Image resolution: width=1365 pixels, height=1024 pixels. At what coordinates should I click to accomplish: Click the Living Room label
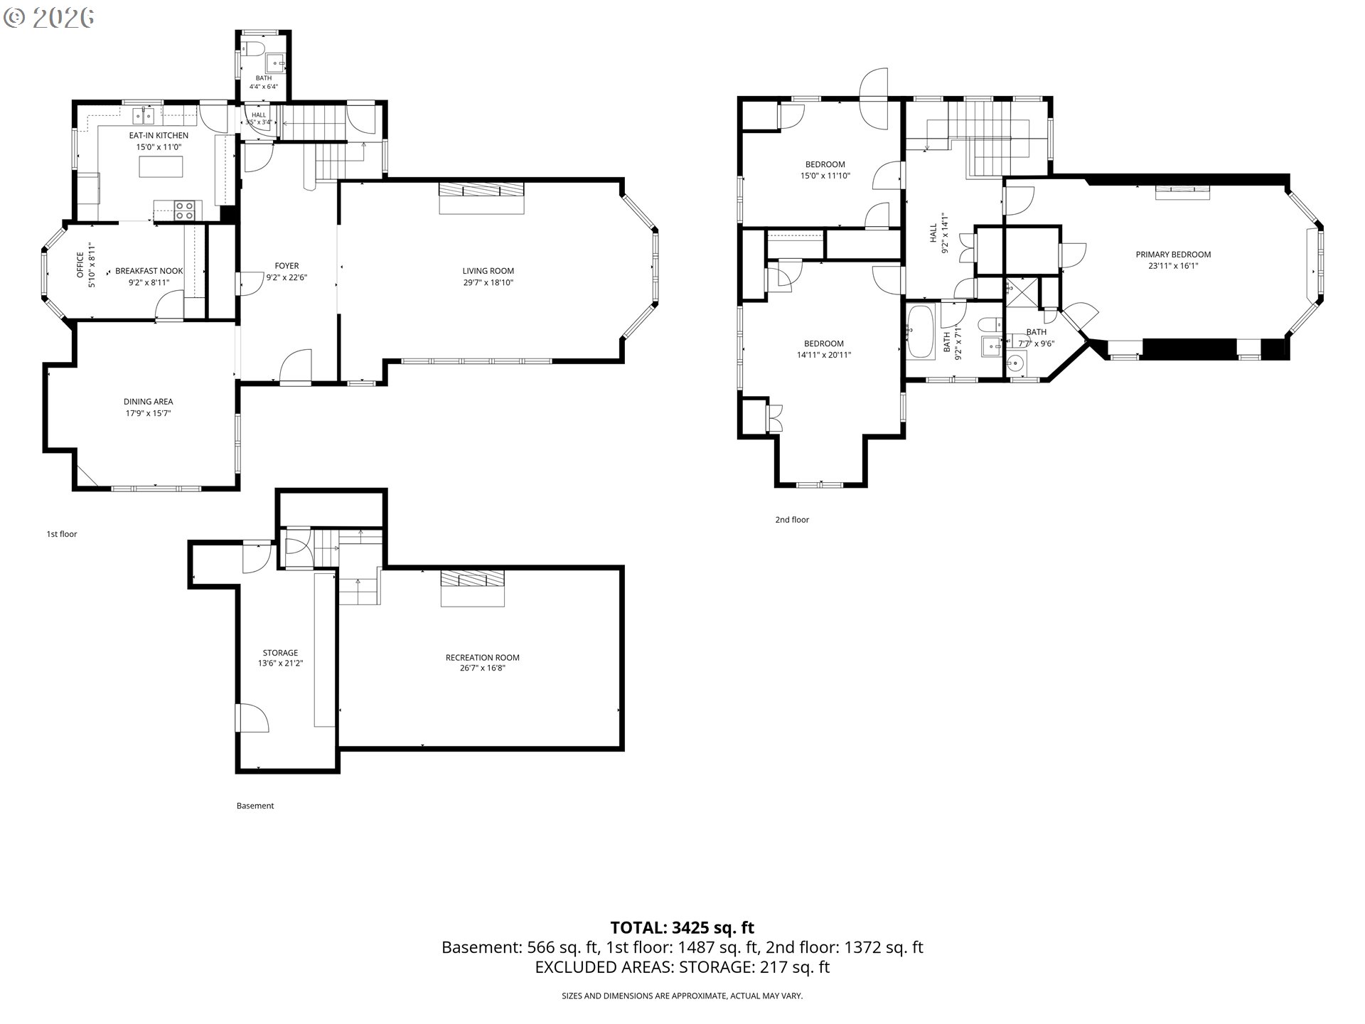coord(488,270)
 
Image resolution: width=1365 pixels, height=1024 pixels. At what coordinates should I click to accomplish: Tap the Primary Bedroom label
coord(1173,255)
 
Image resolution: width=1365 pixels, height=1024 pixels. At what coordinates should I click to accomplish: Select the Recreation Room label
coord(482,657)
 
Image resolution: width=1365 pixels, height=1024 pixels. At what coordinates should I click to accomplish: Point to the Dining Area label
coord(148,402)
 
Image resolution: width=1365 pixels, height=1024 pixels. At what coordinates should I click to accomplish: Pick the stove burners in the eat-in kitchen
coord(185,210)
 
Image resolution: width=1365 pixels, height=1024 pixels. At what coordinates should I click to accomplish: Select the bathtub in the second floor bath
coord(919,331)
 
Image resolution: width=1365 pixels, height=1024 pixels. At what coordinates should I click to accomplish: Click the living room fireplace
coord(481,196)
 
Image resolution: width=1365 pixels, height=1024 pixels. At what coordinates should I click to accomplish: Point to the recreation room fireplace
coord(472,587)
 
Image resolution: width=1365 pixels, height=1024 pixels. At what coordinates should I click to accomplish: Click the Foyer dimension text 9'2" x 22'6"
coord(287,278)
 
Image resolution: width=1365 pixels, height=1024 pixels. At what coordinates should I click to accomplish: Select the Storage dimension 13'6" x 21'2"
coord(280,663)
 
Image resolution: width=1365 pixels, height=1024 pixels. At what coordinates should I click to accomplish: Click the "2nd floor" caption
coord(792,520)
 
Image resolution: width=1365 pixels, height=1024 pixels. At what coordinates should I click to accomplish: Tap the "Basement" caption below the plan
coord(255,806)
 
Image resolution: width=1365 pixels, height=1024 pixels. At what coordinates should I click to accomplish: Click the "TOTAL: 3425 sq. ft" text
coord(682,927)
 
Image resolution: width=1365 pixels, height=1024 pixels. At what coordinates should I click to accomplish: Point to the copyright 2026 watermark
coord(48,18)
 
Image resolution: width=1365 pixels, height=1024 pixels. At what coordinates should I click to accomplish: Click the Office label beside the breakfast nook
coord(80,265)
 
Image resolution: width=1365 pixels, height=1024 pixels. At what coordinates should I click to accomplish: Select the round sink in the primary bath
coord(1016,363)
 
